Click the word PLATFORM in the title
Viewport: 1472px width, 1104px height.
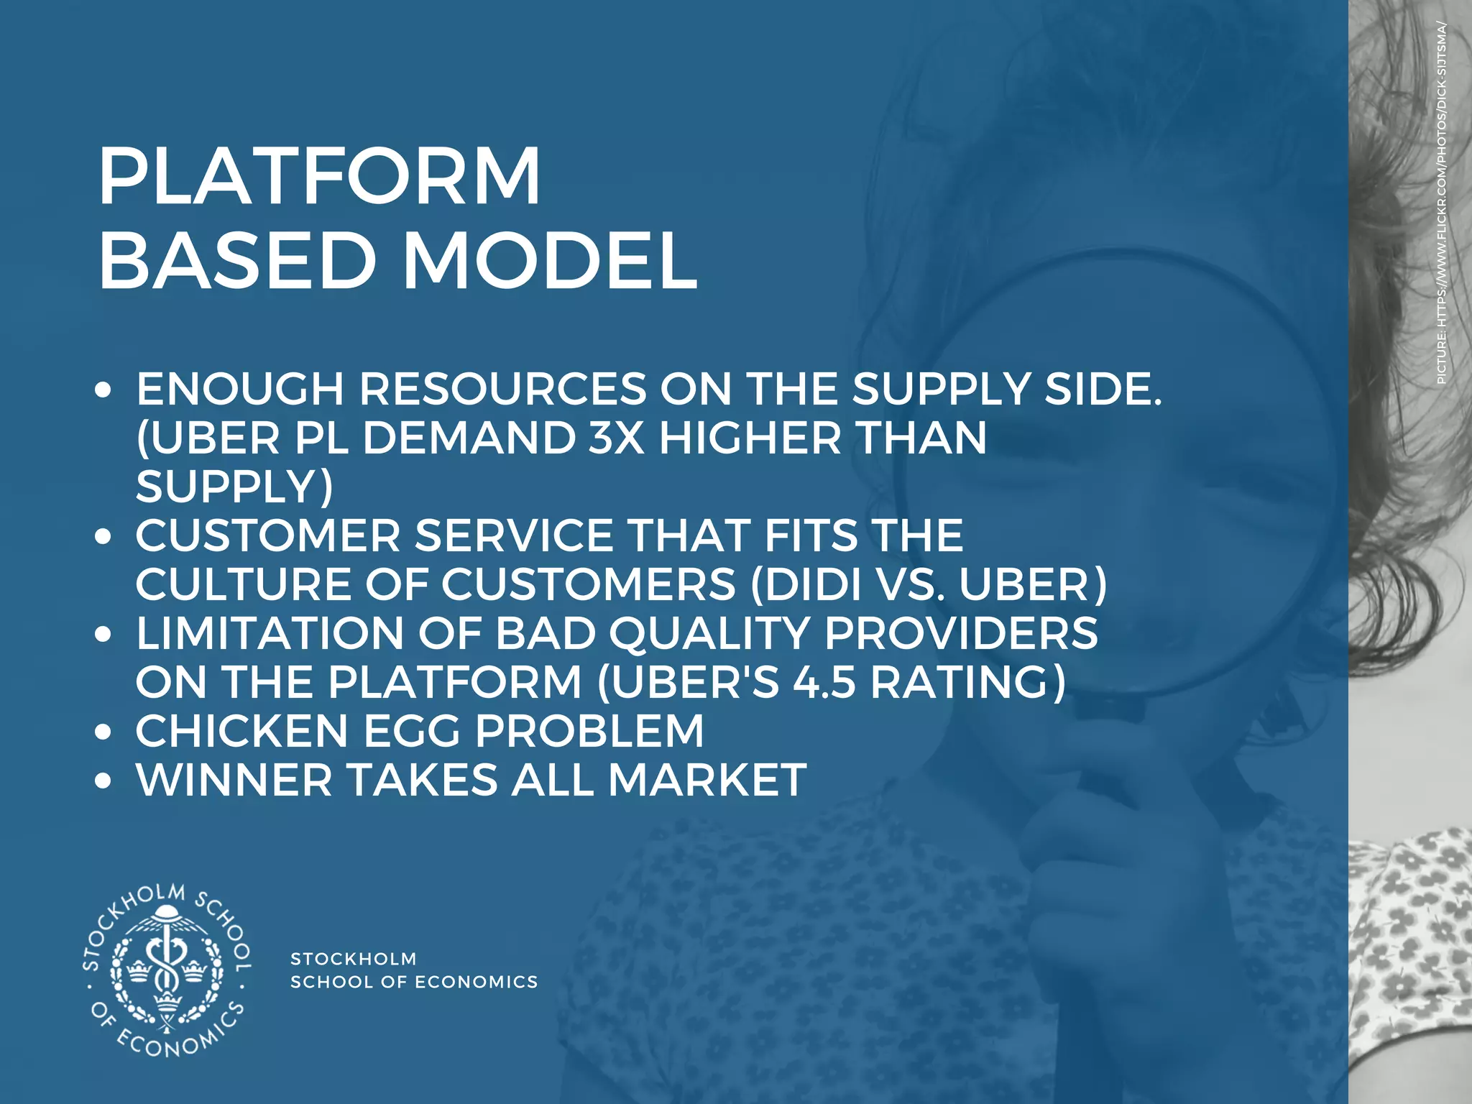[319, 177]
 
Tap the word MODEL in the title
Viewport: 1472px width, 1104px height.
[550, 261]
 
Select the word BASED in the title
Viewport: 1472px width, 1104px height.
[238, 261]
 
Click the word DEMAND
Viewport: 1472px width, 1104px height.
[469, 438]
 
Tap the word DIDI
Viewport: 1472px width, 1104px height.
[811, 584]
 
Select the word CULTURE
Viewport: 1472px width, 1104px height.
[244, 584]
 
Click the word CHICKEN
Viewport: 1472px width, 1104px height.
[241, 731]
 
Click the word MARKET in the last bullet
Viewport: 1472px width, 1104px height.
[707, 780]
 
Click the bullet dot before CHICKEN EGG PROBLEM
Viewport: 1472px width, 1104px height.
[104, 732]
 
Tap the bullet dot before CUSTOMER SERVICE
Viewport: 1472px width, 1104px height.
[104, 537]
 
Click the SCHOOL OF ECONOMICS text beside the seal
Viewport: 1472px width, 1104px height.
[414, 982]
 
